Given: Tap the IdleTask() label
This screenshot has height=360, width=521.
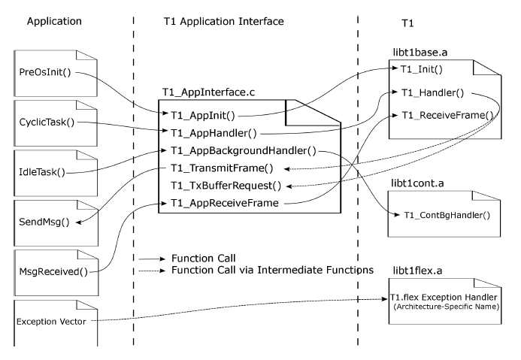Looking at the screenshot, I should click(x=41, y=172).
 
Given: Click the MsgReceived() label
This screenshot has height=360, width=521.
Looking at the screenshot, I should click(x=51, y=268).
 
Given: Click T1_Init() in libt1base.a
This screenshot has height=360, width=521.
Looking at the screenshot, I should click(x=423, y=69).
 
